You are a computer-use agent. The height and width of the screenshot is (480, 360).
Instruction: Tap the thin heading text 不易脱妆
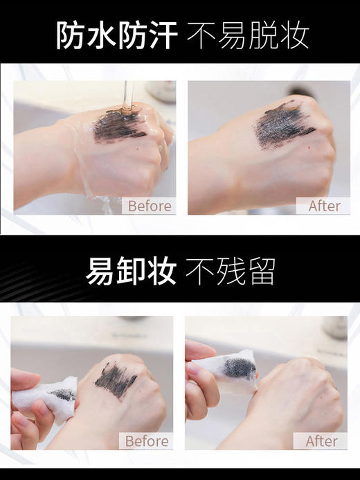248,34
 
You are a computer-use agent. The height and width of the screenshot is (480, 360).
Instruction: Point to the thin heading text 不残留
230,271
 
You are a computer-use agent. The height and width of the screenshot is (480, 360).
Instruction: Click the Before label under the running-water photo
150,206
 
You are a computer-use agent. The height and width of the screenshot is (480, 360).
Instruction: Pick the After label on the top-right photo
324,206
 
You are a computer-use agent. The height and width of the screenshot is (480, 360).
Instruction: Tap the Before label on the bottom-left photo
147,441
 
